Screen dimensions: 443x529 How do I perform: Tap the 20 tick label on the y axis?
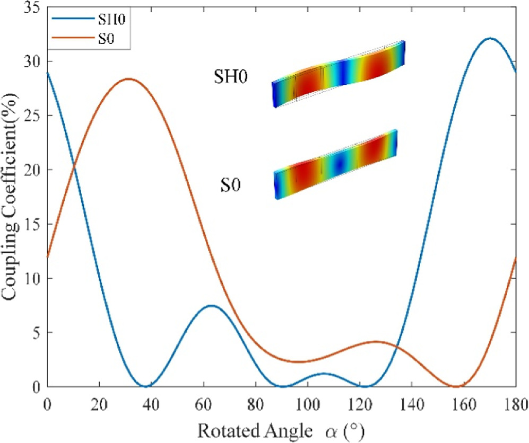(33, 170)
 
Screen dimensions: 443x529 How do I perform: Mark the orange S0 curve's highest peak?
(128, 79)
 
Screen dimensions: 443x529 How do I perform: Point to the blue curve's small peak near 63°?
(211, 306)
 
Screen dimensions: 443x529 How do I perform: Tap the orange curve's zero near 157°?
(455, 386)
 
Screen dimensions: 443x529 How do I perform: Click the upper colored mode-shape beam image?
(339, 74)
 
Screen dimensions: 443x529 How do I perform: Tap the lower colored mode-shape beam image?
(335, 164)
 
